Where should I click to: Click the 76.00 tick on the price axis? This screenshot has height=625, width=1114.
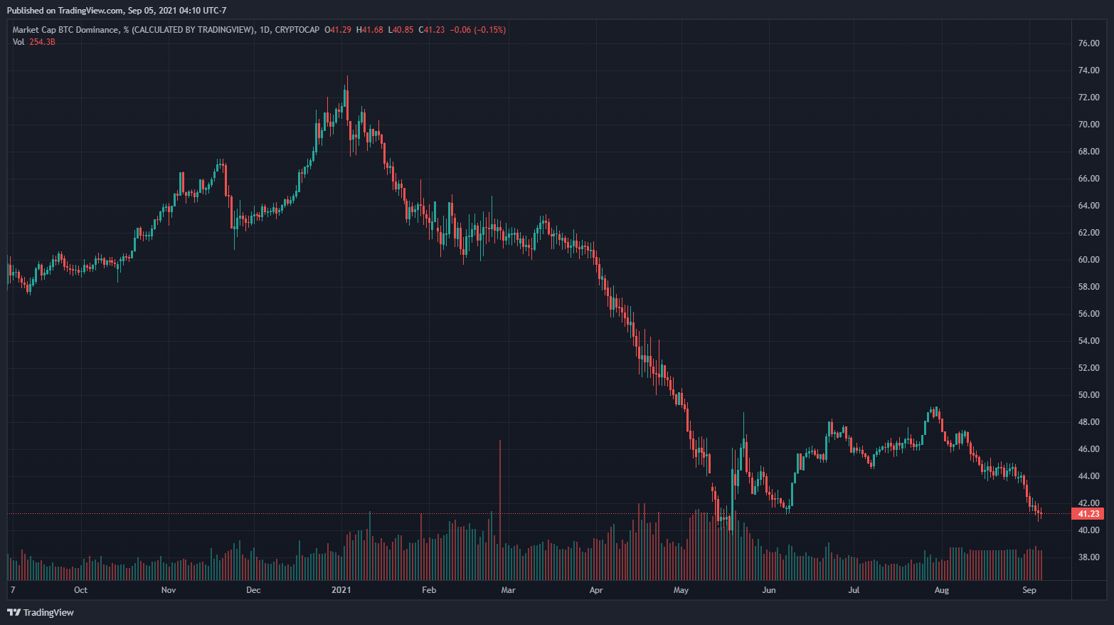(x=1088, y=43)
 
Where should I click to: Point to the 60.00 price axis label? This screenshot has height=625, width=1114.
(x=1088, y=260)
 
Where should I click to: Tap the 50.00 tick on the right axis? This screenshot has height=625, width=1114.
(x=1088, y=395)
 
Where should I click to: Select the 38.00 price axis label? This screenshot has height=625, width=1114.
(x=1088, y=557)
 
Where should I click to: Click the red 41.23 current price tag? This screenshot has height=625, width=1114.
(x=1088, y=514)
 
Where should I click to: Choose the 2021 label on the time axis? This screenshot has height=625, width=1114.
(x=341, y=590)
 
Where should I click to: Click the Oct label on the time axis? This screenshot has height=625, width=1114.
(x=80, y=590)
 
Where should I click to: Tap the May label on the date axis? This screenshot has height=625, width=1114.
(x=681, y=590)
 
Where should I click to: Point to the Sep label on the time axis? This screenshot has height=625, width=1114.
(x=1029, y=590)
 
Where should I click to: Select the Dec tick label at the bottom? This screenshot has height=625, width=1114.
(x=253, y=590)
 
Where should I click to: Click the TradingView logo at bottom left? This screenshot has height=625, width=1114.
(x=41, y=612)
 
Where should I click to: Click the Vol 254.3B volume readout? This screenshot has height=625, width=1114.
(x=33, y=42)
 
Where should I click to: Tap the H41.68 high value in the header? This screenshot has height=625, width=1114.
(x=370, y=30)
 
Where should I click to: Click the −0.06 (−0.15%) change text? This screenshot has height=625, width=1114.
(x=477, y=30)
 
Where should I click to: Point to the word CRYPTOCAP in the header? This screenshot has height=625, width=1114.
(x=297, y=30)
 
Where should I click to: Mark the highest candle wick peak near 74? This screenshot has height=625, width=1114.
(x=347, y=77)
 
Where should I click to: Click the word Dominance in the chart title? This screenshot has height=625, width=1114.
(x=97, y=30)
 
